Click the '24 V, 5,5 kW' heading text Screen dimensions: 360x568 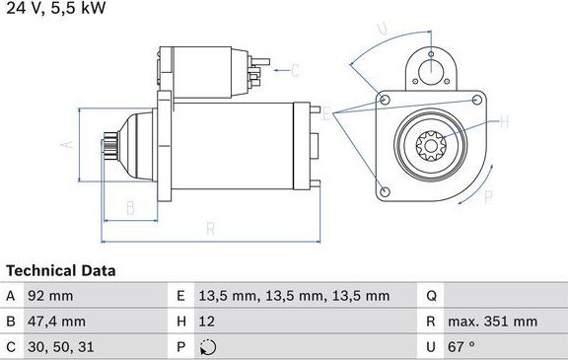coord(55,9)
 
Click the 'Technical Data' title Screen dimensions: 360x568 coord(61,270)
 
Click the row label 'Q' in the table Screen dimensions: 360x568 coord(432,295)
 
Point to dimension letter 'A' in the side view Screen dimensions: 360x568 coord(66,144)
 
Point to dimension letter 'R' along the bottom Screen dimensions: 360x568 coord(209,229)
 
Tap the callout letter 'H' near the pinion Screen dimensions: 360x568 coord(504,122)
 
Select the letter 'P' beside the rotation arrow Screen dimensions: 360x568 coord(487,197)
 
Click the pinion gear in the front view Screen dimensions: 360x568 coord(433,148)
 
